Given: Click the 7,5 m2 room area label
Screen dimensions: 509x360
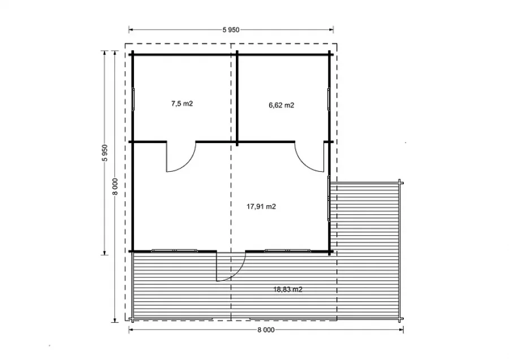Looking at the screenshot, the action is [x=182, y=103].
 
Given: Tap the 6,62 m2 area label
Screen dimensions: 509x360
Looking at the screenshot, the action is [x=282, y=105].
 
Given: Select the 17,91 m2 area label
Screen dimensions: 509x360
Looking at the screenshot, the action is [x=261, y=207].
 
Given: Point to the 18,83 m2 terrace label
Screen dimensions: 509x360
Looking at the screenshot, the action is [x=288, y=289].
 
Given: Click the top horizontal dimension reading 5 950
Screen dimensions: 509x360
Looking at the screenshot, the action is [x=231, y=30].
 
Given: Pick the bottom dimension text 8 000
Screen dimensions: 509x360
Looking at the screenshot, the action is [x=266, y=330].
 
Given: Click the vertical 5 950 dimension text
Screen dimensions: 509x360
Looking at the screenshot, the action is [x=105, y=153].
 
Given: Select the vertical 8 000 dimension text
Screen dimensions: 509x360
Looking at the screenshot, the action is [x=115, y=186].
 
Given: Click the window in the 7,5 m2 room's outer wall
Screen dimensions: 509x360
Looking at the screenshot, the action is [x=133, y=99].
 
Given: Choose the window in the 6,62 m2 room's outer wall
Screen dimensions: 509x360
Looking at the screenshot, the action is [x=329, y=99].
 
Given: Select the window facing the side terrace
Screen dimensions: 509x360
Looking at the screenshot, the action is [x=329, y=198].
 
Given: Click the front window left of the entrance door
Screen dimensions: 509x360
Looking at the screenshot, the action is [x=174, y=250].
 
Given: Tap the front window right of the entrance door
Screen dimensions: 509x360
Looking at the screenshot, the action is [x=287, y=250].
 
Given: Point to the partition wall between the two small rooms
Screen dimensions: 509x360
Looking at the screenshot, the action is [x=238, y=98].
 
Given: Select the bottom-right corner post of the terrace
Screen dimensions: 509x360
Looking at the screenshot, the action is [x=400, y=320].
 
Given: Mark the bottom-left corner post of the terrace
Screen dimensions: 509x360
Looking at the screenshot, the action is [x=132, y=320].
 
